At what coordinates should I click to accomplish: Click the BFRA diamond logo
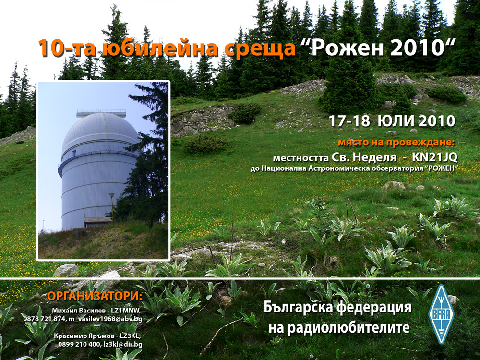(x=441, y=314)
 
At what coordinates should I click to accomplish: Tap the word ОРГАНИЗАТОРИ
(x=95, y=296)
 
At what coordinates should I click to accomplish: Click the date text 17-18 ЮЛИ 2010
(x=392, y=121)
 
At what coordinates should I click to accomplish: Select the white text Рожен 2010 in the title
(x=379, y=48)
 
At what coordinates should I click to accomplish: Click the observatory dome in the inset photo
(x=100, y=130)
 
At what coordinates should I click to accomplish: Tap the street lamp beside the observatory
(x=112, y=208)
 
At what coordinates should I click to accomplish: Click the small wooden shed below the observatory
(x=98, y=222)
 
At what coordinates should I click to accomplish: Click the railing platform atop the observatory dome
(x=101, y=113)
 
